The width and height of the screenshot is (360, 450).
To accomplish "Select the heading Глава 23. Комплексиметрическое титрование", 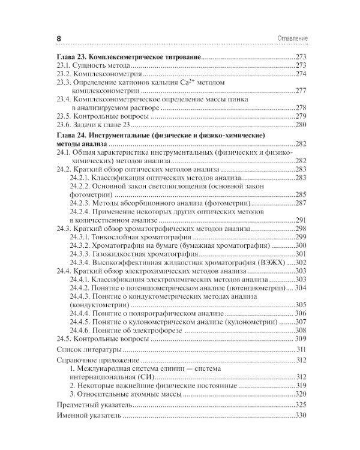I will pyautogui.click(x=124, y=56).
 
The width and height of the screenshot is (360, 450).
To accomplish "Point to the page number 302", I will pyautogui.click(x=300, y=263).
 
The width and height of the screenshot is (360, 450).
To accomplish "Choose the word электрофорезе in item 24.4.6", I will pyautogui.click(x=158, y=330).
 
